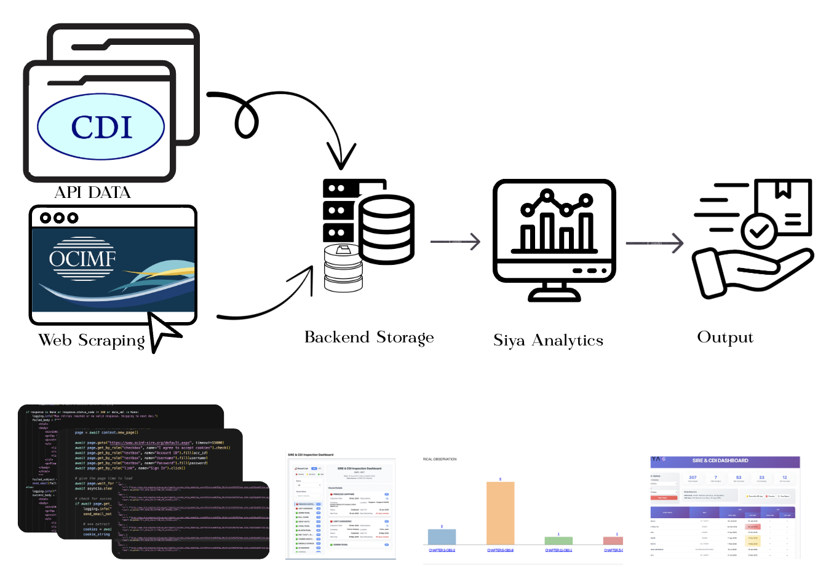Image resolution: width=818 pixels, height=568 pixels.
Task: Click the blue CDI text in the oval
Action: pos(101,126)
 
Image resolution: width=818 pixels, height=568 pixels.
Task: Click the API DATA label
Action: pos(93,192)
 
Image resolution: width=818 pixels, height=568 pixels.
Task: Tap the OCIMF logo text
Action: pos(82,259)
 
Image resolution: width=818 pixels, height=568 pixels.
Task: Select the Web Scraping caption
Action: pos(92,340)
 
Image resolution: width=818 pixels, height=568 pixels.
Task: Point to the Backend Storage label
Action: pos(369,337)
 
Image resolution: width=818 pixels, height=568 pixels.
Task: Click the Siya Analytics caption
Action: pos(548,341)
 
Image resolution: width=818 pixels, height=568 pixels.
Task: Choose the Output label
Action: pos(725,337)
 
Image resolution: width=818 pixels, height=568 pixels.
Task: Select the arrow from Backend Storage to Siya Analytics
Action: pos(455,242)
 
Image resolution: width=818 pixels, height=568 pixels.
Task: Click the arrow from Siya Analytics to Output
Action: pos(654,243)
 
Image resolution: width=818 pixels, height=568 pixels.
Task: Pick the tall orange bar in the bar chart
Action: pos(500,513)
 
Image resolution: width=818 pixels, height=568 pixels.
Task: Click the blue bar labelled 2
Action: pos(442,536)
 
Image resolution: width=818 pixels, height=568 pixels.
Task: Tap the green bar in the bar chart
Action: pos(558,540)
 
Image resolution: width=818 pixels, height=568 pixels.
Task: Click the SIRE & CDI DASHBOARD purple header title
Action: pos(720,460)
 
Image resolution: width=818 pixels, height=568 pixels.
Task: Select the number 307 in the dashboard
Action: pos(693,477)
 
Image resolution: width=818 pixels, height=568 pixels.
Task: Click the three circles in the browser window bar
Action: pos(59,218)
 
